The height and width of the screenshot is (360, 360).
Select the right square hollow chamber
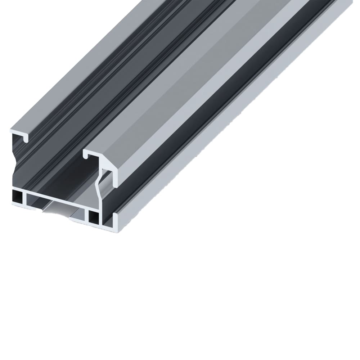(94, 216)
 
